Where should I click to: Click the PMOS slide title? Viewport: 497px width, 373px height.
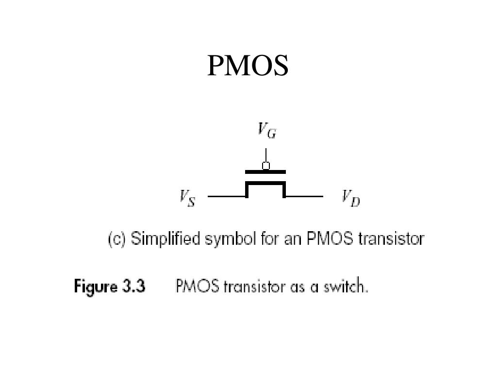(x=248, y=66)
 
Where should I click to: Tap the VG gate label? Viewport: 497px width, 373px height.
(x=267, y=130)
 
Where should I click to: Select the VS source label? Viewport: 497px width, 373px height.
(x=187, y=198)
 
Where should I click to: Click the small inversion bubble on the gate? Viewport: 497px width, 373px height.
(x=266, y=166)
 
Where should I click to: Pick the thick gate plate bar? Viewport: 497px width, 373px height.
(x=265, y=172)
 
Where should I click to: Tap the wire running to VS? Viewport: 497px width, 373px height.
(x=226, y=197)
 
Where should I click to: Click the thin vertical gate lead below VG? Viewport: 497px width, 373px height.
(x=266, y=155)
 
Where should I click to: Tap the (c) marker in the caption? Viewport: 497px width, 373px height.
(x=117, y=239)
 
